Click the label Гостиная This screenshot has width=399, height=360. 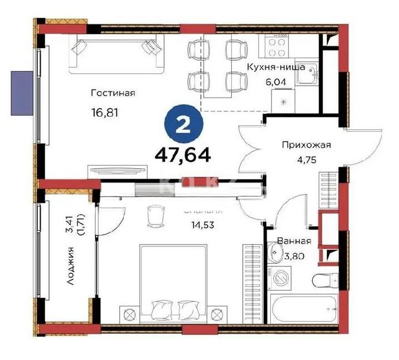[x=114, y=93]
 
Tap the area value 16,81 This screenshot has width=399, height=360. [x=106, y=112]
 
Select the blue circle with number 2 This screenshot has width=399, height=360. [x=181, y=125]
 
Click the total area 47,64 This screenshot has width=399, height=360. [x=186, y=154]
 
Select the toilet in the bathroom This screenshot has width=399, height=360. [x=325, y=280]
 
